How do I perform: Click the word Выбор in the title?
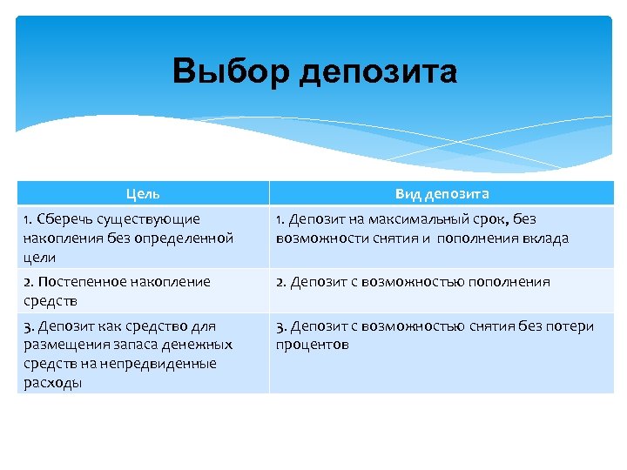click(231, 71)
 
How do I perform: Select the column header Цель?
click(143, 193)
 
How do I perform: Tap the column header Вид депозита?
click(442, 193)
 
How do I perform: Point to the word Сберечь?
click(64, 219)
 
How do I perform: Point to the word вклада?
click(545, 238)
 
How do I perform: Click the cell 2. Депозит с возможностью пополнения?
click(413, 282)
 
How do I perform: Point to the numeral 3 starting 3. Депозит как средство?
click(27, 326)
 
